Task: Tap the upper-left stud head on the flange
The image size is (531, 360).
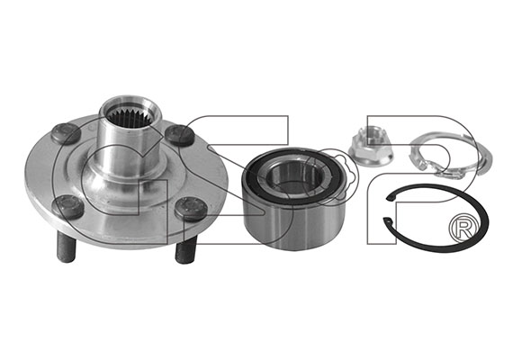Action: point(67,132)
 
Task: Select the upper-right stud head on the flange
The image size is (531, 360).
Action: point(180,135)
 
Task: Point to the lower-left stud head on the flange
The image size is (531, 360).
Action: point(67,207)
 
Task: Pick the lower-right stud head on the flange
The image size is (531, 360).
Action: point(191,210)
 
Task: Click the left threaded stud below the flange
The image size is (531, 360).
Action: point(66,247)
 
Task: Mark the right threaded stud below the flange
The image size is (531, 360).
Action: point(186,250)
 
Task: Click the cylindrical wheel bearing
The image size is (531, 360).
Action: point(293,198)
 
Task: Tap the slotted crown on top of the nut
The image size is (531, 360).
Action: point(370,133)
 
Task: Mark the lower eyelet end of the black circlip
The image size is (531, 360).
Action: point(389,220)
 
